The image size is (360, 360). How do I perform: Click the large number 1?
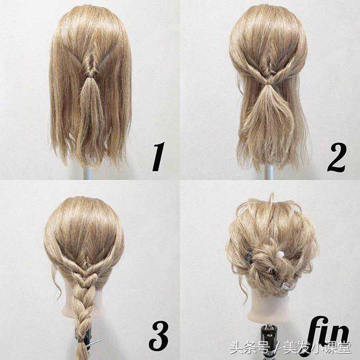158,156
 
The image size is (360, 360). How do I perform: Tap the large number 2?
336,157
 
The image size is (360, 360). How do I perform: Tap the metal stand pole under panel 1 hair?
88,173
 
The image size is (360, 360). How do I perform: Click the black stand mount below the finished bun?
267,339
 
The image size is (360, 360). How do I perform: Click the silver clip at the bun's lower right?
286,286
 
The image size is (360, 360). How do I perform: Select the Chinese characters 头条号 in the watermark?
250,348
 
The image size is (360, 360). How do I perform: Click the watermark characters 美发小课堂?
318,348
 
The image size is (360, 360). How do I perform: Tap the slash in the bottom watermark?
276,348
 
